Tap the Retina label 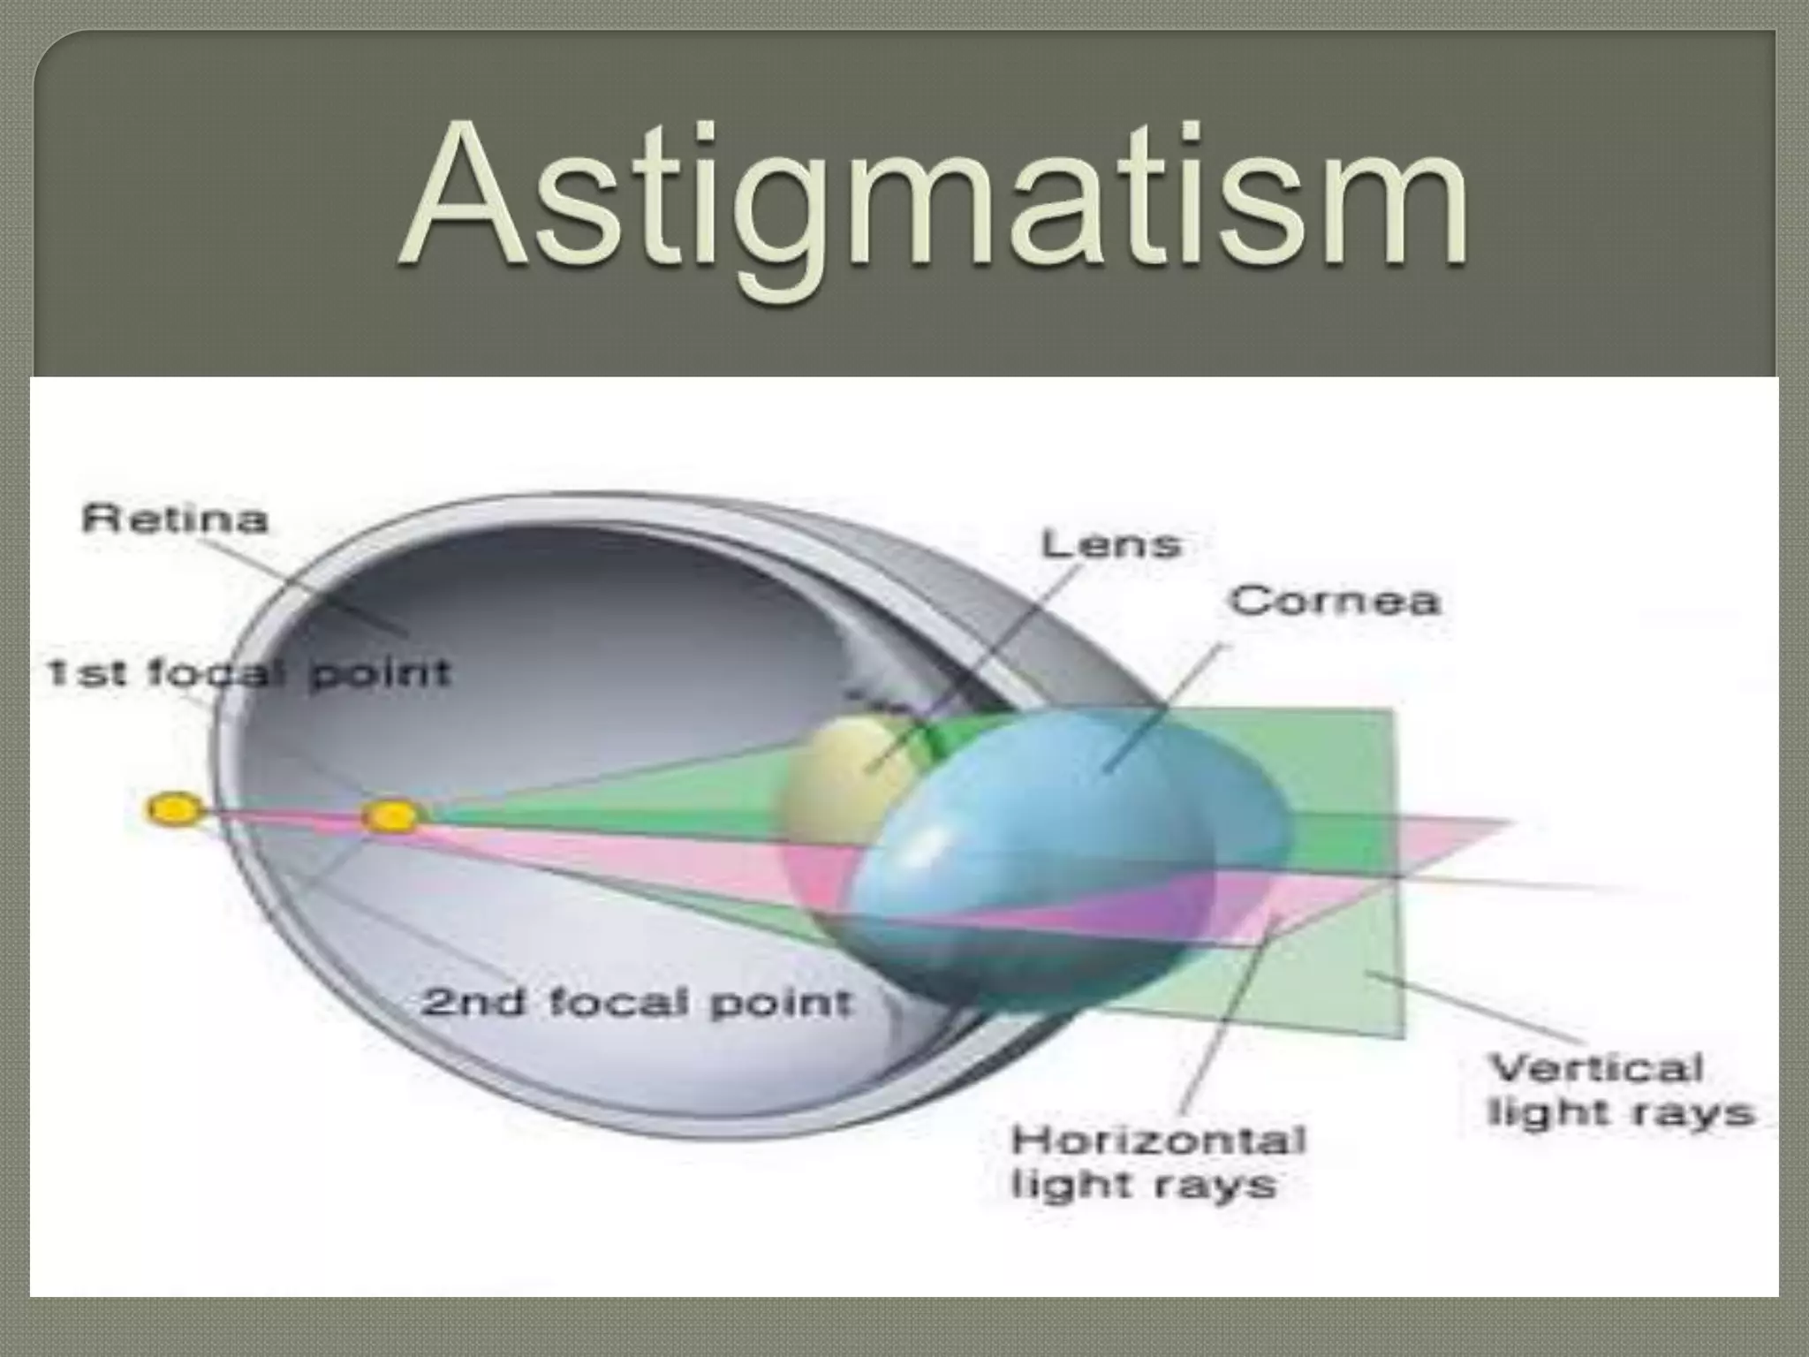click(174, 519)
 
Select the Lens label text click(1110, 544)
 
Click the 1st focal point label click(248, 674)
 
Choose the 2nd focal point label click(636, 1003)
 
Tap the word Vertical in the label click(1596, 1068)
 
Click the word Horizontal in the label click(1158, 1141)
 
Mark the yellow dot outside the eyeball click(173, 809)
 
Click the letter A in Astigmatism click(464, 199)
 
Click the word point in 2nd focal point click(782, 1004)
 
